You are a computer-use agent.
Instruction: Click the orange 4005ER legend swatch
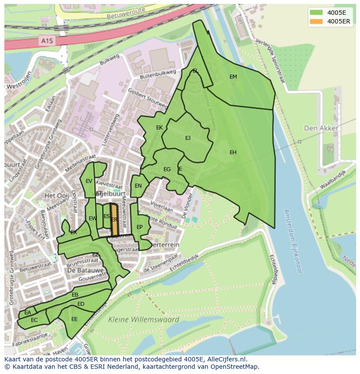pyautogui.click(x=316, y=21)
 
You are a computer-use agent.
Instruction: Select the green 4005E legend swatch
pyautogui.click(x=316, y=12)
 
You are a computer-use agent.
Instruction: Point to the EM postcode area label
pyautogui.click(x=233, y=77)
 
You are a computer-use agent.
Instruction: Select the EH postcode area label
pyautogui.click(x=233, y=152)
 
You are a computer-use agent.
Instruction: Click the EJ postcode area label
pyautogui.click(x=188, y=138)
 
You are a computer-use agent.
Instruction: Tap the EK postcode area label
pyautogui.click(x=159, y=128)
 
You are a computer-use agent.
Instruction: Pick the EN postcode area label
pyautogui.click(x=138, y=186)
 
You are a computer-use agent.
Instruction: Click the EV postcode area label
pyautogui.click(x=89, y=181)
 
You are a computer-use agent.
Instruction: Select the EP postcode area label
pyautogui.click(x=140, y=227)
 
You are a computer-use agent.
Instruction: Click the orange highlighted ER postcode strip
pyautogui.click(x=114, y=220)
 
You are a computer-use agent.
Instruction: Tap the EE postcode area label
pyautogui.click(x=74, y=319)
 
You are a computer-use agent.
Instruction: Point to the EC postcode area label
pyautogui.click(x=34, y=320)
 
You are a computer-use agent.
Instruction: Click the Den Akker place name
pyautogui.click(x=321, y=128)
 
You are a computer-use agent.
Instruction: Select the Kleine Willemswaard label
pyautogui.click(x=143, y=320)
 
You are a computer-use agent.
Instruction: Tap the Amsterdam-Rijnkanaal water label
pyautogui.click(x=292, y=241)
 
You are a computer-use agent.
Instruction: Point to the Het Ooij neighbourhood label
pyautogui.click(x=57, y=196)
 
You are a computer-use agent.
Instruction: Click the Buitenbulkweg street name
pyautogui.click(x=157, y=74)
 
